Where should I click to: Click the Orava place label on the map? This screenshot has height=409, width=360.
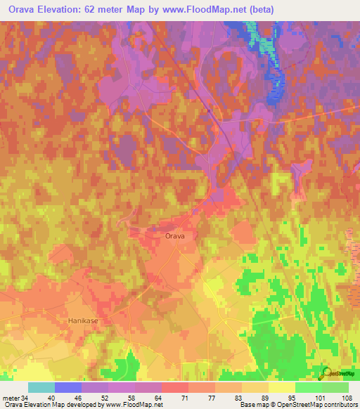(x=174, y=237)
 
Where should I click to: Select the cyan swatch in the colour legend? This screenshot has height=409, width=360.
(x=41, y=387)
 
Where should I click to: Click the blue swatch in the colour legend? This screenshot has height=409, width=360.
(x=68, y=387)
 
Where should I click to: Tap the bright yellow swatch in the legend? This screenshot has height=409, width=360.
(x=281, y=387)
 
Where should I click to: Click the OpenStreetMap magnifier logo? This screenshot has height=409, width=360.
(x=327, y=372)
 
